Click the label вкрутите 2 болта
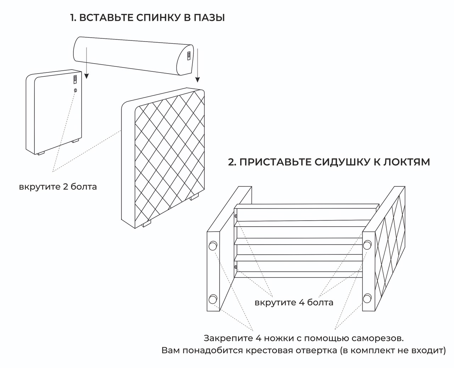click(58, 186)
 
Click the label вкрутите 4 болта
click(294, 303)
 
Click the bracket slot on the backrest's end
click(189, 55)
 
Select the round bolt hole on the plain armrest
click(75, 90)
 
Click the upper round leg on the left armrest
click(213, 245)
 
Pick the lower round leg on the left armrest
click(213, 299)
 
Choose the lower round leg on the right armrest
click(367, 298)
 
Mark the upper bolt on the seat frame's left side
click(236, 216)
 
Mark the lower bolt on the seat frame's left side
click(236, 267)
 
